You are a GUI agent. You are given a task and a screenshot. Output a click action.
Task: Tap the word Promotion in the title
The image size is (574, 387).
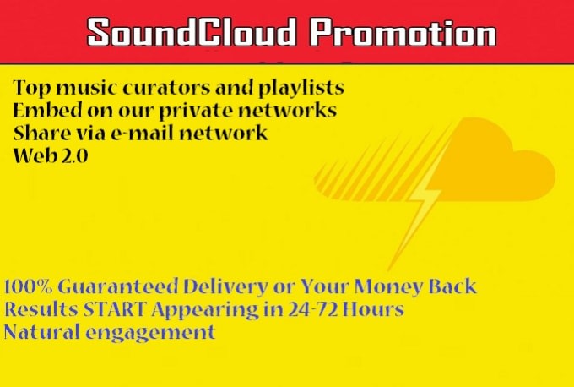401,33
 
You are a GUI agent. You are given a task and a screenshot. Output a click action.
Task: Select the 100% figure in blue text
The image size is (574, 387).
28,287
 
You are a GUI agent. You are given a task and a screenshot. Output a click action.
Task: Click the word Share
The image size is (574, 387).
39,133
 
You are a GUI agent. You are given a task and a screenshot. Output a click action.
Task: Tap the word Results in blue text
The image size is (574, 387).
38,309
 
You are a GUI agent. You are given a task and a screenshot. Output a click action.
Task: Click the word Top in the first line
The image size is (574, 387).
30,89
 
